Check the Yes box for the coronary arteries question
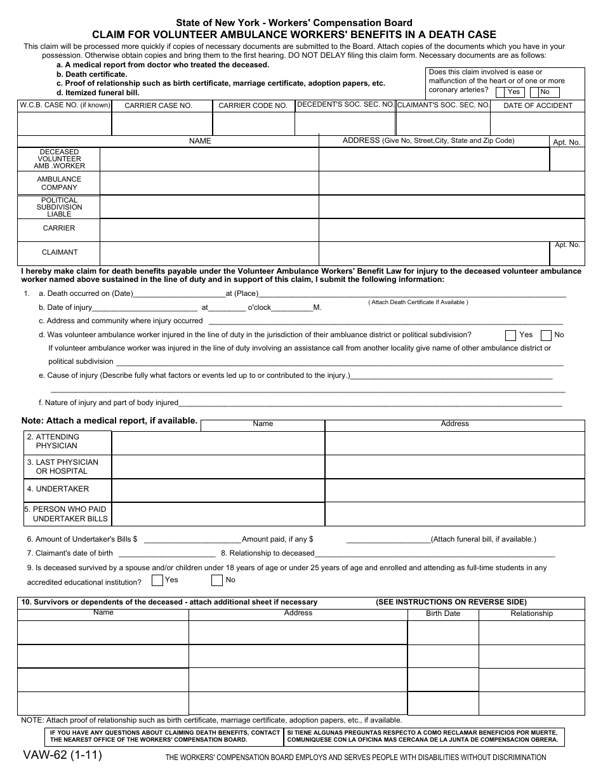tap(513, 92)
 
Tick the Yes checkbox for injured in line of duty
tap(510, 335)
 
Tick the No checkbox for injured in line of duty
tap(546, 335)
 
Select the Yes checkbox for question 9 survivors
tap(157, 580)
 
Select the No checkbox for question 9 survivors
tap(217, 580)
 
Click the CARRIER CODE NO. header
tap(253, 106)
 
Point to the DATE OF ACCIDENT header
tap(538, 106)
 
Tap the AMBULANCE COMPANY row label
tap(59, 184)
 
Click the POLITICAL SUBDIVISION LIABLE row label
tap(59, 207)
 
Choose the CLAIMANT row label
tap(59, 252)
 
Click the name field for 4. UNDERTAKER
tap(218, 490)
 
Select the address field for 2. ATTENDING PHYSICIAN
tap(454, 443)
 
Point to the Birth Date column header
tap(443, 613)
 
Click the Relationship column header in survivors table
tap(531, 613)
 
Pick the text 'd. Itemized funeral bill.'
tap(98, 93)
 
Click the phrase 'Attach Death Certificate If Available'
tap(418, 302)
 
